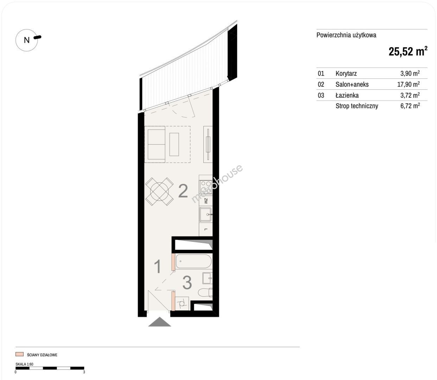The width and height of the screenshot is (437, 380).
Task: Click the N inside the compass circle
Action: (x=27, y=40)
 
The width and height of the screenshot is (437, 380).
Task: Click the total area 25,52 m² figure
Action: (x=408, y=51)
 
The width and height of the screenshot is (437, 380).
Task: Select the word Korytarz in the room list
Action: (x=346, y=74)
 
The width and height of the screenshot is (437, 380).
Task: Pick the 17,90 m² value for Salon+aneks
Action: (x=408, y=84)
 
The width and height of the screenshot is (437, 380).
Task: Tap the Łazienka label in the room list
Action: (x=347, y=95)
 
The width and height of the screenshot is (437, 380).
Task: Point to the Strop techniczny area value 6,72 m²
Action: (x=410, y=106)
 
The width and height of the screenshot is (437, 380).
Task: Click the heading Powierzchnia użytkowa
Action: (x=346, y=35)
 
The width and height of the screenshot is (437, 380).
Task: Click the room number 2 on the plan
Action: (x=183, y=191)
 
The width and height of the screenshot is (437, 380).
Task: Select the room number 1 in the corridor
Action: (x=158, y=266)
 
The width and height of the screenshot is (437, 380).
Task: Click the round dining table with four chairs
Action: (x=159, y=191)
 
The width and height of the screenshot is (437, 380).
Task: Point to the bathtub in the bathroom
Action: (x=194, y=261)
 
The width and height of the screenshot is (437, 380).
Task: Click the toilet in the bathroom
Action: (x=205, y=292)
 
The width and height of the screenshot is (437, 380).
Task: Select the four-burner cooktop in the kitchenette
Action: (x=205, y=187)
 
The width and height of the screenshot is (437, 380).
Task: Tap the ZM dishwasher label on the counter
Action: (x=206, y=201)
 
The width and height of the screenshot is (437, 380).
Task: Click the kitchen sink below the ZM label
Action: (x=205, y=215)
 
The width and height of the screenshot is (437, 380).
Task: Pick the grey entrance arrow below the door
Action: (x=159, y=322)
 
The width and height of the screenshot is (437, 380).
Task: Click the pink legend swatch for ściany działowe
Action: (x=19, y=354)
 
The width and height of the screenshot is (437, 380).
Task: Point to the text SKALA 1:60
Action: (x=24, y=364)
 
